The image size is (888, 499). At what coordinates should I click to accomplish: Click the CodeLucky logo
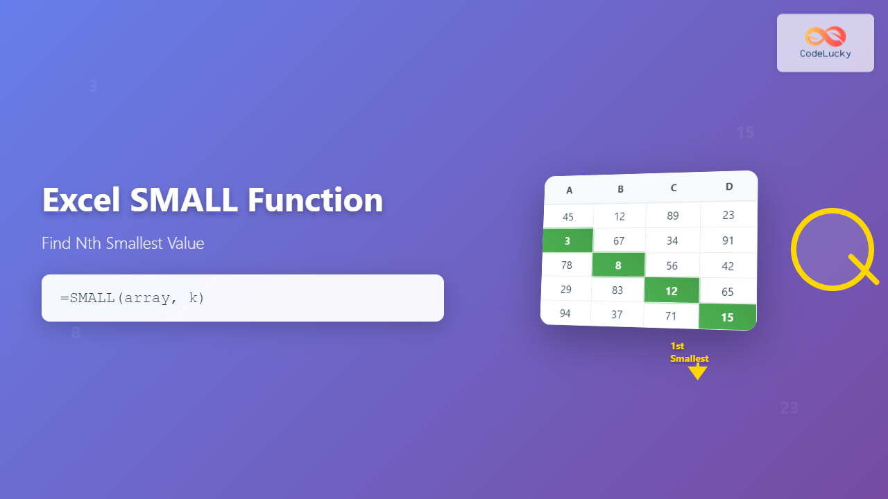click(x=825, y=42)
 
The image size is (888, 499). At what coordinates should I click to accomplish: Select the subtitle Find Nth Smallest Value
click(x=123, y=243)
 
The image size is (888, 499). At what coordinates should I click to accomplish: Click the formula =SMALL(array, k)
click(x=133, y=298)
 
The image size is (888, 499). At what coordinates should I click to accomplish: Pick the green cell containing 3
click(x=567, y=240)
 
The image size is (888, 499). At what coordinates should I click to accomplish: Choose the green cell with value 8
click(x=618, y=265)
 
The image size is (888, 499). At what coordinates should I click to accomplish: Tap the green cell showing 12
click(x=672, y=291)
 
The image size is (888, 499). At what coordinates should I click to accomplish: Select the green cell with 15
click(x=727, y=317)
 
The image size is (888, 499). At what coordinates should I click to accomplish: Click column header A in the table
click(x=569, y=191)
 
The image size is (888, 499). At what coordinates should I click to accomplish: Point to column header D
click(x=728, y=186)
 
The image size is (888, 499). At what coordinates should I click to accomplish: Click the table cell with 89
click(x=673, y=216)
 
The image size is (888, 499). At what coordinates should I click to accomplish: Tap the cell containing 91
click(x=728, y=240)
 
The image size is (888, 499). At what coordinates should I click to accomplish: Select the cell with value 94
click(x=565, y=313)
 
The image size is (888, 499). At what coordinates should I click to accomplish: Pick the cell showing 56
click(x=672, y=266)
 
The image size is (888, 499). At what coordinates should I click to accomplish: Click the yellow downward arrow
click(x=697, y=372)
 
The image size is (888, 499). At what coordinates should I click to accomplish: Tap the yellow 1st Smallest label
click(x=689, y=352)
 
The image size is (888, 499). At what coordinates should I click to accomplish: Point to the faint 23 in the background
click(x=789, y=408)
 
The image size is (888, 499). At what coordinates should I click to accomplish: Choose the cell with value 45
click(x=568, y=217)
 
